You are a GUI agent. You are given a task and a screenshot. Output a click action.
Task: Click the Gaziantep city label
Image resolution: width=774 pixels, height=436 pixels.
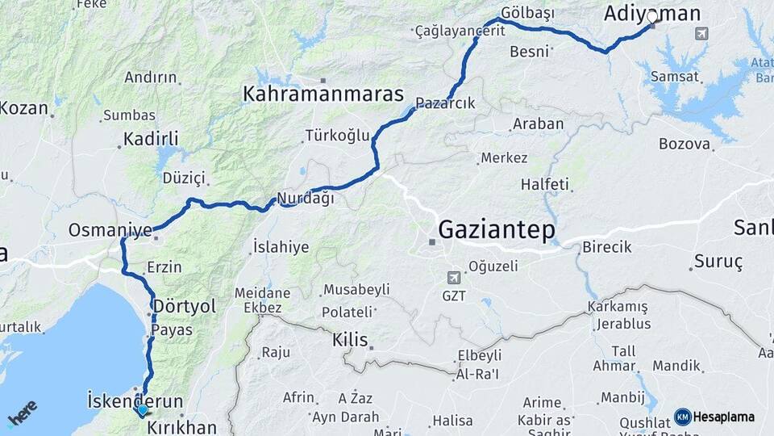(496, 231)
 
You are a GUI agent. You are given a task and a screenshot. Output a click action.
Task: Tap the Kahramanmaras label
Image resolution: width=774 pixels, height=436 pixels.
(322, 94)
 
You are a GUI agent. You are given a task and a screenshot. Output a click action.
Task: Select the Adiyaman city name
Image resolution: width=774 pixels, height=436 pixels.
(653, 13)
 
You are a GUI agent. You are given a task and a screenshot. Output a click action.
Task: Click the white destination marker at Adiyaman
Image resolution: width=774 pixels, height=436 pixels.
(652, 16)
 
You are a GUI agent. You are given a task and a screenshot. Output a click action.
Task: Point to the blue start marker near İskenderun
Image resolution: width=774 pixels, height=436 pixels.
(143, 409)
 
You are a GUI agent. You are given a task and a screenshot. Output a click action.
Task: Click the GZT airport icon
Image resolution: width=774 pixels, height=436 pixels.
(454, 277)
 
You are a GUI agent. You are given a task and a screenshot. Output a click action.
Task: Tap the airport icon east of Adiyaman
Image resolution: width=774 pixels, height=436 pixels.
(701, 33)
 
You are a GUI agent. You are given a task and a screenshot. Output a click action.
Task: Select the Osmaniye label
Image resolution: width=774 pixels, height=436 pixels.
(110, 230)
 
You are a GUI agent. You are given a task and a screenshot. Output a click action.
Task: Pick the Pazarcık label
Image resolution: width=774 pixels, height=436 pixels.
(446, 103)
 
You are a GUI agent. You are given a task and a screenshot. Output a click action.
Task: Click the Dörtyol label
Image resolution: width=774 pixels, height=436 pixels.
(185, 307)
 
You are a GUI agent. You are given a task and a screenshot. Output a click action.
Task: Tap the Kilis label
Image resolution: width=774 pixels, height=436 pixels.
(350, 341)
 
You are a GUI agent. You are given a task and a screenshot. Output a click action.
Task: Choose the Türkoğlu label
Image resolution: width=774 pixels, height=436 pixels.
(337, 135)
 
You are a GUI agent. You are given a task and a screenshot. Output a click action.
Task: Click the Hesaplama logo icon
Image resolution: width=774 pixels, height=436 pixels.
(683, 417)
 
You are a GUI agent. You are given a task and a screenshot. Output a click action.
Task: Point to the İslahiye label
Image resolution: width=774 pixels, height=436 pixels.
(281, 247)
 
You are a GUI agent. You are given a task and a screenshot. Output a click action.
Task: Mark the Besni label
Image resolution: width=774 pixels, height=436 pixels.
(530, 52)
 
